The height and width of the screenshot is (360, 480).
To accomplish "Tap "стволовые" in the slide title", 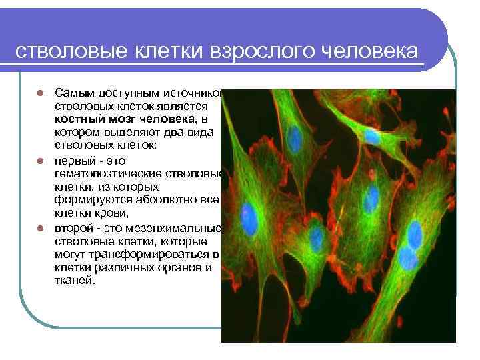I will pos(55,52).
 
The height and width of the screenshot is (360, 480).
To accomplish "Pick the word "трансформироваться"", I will pos(157,255).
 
